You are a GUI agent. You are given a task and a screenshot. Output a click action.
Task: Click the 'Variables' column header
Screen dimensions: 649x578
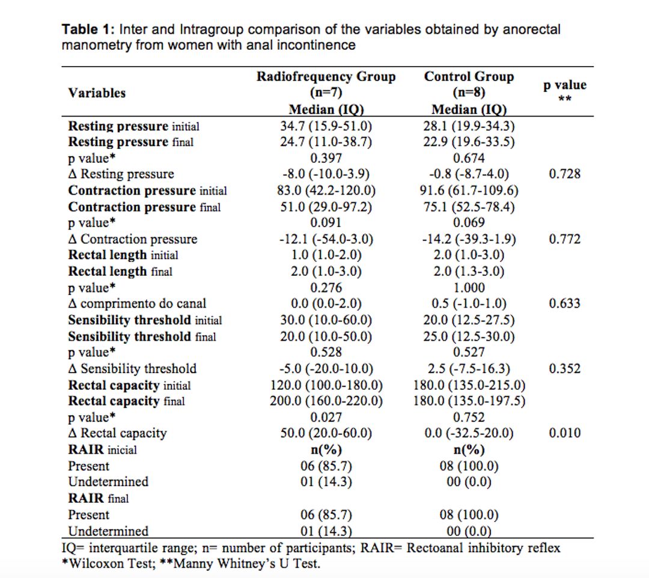pyautogui.click(x=97, y=93)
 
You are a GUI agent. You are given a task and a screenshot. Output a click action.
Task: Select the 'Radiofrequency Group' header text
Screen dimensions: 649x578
pyautogui.click(x=326, y=76)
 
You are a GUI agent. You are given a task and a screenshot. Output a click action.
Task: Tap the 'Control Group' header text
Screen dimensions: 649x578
pyautogui.click(x=469, y=76)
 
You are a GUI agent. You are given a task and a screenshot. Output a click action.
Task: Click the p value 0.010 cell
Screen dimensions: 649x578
pyautogui.click(x=564, y=433)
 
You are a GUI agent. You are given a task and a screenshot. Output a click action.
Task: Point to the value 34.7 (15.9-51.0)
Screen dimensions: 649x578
pyautogui.click(x=326, y=126)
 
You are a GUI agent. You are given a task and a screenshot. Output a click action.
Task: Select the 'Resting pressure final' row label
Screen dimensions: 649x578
pyautogui.click(x=131, y=142)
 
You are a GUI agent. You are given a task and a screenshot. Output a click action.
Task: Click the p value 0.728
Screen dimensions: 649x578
pyautogui.click(x=564, y=174)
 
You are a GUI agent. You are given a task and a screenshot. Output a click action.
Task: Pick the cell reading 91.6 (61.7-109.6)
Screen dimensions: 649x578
pyautogui.click(x=469, y=190)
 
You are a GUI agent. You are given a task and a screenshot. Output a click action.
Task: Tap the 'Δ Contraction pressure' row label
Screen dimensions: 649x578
pyautogui.click(x=132, y=239)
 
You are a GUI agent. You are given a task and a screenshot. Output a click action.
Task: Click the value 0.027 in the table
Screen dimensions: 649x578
pyautogui.click(x=326, y=417)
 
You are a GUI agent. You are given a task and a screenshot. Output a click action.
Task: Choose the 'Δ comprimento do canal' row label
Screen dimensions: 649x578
pyautogui.click(x=137, y=303)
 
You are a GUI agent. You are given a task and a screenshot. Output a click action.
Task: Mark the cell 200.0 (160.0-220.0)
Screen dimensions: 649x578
pyautogui.click(x=326, y=401)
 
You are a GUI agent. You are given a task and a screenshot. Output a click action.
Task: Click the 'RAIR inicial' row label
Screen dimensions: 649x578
pyautogui.click(x=102, y=450)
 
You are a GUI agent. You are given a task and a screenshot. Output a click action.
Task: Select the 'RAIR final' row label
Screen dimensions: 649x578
pyautogui.click(x=98, y=498)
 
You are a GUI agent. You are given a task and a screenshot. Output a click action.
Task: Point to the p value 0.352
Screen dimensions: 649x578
pyautogui.click(x=564, y=368)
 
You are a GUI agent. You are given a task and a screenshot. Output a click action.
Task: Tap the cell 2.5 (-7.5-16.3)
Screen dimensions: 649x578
pyautogui.click(x=469, y=369)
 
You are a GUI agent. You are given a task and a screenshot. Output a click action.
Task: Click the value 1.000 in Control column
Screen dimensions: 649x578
pyautogui.click(x=469, y=288)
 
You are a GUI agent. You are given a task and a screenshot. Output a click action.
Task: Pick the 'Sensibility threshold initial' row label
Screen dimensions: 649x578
pyautogui.click(x=145, y=320)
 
